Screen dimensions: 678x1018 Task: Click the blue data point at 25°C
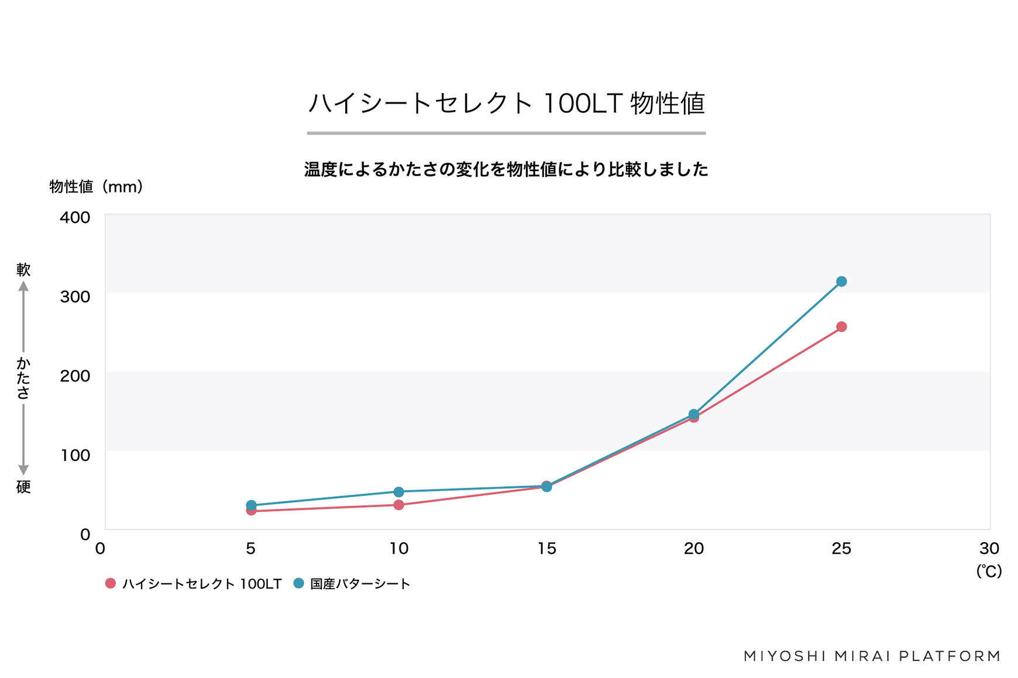pos(841,281)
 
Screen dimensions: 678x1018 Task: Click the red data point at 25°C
pos(841,326)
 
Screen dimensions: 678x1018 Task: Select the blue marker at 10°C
pos(398,491)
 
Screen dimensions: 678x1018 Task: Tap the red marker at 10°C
pos(398,505)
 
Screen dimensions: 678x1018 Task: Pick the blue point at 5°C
pos(251,505)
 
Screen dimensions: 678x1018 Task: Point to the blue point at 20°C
pos(694,414)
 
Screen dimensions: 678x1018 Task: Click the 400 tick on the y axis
pos(75,217)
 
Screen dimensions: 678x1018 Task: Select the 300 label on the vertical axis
pos(75,297)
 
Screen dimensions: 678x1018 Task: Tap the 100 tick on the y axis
pos(75,455)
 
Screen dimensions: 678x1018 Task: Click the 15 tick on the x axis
pos(546,549)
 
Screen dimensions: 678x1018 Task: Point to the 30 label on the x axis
pos(989,549)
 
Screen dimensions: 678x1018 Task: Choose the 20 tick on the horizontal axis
pos(694,549)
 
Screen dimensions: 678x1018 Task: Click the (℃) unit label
pos(989,571)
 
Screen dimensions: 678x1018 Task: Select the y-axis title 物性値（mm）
pos(96,187)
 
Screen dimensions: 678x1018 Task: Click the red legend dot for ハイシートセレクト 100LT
pos(110,583)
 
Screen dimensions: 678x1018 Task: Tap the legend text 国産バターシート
pos(360,584)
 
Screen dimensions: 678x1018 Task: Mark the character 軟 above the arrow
pos(23,270)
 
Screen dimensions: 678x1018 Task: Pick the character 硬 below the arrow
pos(23,487)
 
